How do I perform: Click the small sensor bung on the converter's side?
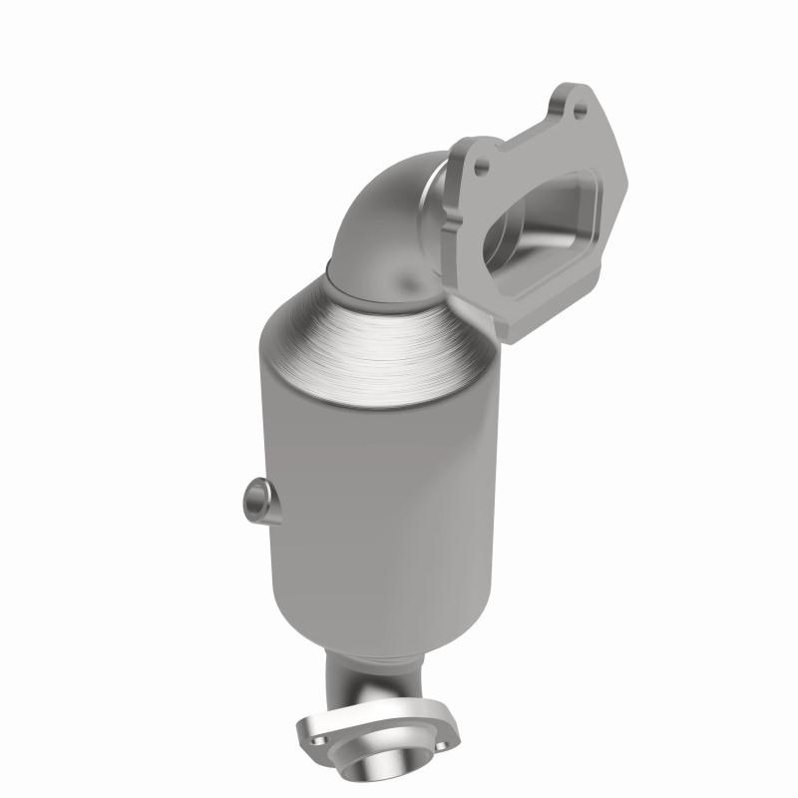[255, 496]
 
